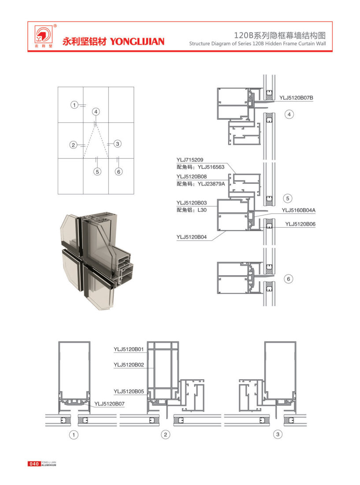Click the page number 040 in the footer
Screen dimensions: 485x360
[34, 463]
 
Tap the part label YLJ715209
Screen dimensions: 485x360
[189, 159]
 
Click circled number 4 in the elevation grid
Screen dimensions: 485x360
[96, 111]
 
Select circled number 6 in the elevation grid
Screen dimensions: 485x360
[118, 172]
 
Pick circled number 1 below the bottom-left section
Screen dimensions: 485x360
[74, 435]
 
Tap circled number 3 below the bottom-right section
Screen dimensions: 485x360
[277, 435]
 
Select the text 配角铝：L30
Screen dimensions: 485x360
[191, 210]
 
